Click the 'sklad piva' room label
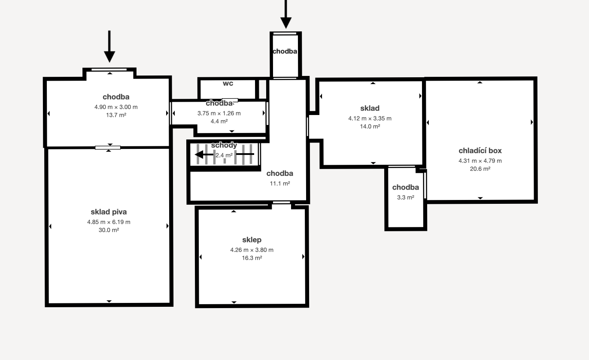tap(109, 212)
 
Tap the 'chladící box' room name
tap(480, 151)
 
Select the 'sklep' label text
tap(252, 240)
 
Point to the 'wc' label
tap(228, 83)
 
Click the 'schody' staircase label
tap(224, 145)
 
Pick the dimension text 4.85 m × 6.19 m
tap(109, 222)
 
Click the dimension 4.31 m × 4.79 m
tap(480, 161)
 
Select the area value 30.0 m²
tap(109, 230)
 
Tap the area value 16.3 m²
tap(252, 258)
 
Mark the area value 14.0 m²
tap(370, 127)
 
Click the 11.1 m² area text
tap(279, 183)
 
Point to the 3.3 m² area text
tap(405, 197)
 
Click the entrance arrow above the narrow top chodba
tap(286, 14)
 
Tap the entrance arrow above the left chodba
tap(109, 46)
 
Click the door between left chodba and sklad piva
tap(108, 148)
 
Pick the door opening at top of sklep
tap(281, 203)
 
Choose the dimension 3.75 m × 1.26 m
tap(219, 113)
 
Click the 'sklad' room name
tap(370, 108)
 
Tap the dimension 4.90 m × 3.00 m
tap(116, 107)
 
